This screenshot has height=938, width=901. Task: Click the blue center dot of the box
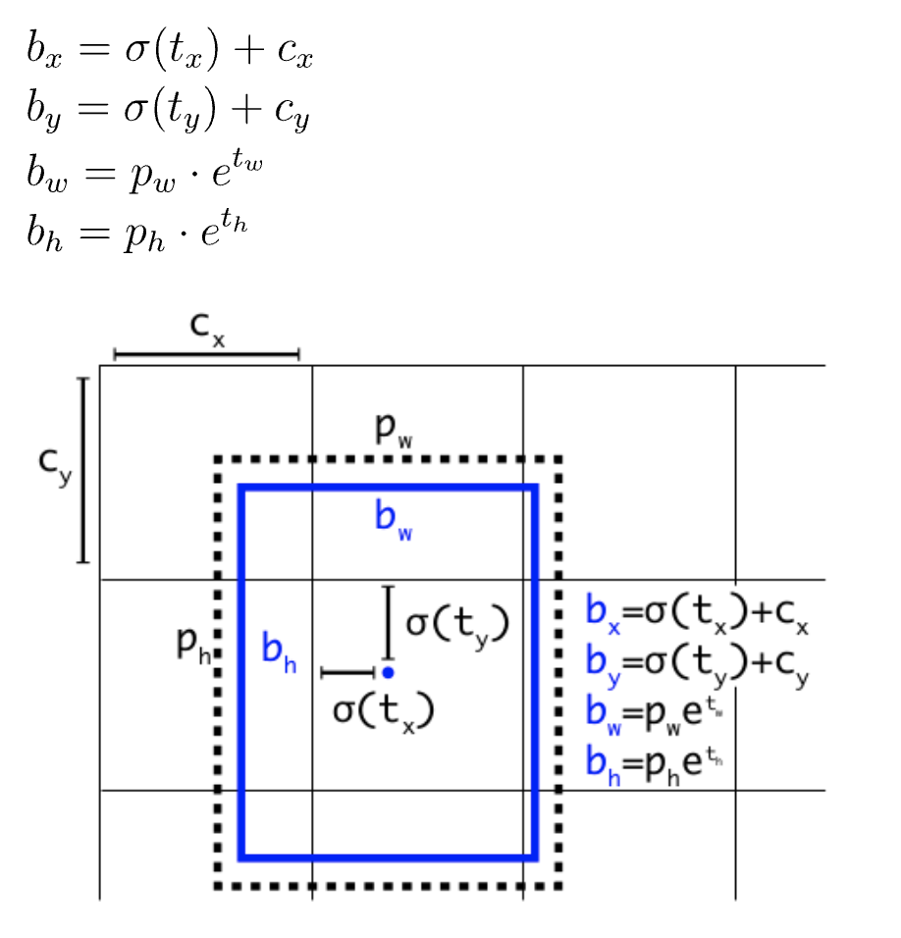pos(389,672)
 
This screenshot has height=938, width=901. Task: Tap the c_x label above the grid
pos(207,332)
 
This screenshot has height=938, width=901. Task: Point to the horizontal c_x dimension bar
pos(206,354)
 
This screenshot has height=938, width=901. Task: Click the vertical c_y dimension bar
pos(83,470)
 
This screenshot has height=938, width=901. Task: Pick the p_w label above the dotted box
pos(394,430)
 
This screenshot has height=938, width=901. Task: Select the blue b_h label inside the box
pos(279,650)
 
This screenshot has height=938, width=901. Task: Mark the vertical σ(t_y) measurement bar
pos(389,622)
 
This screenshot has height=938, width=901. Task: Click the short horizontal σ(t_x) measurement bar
pos(348,672)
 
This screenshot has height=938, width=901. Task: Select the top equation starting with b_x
pos(169,52)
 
